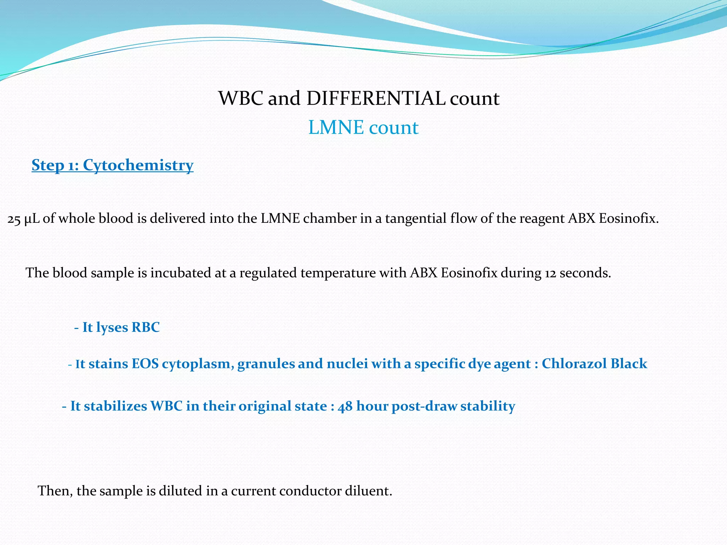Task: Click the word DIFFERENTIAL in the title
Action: (376, 98)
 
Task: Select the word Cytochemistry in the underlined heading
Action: (138, 165)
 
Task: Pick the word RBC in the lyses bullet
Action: (146, 327)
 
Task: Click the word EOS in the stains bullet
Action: (145, 364)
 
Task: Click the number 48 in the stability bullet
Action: (345, 406)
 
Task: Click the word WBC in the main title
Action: (241, 98)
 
